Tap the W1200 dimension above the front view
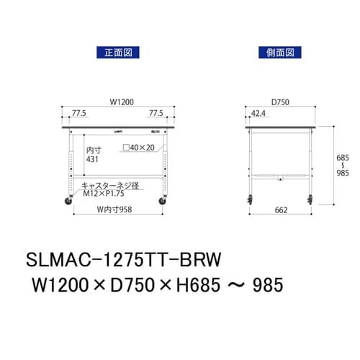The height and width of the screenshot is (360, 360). tap(120, 103)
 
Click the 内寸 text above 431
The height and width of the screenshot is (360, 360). tap(93, 150)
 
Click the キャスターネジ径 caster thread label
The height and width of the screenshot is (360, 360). tap(108, 185)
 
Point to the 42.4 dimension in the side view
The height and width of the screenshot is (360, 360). tap(257, 113)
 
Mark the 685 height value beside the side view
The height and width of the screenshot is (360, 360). tap(344, 156)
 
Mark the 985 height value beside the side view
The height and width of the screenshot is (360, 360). tap(344, 173)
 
